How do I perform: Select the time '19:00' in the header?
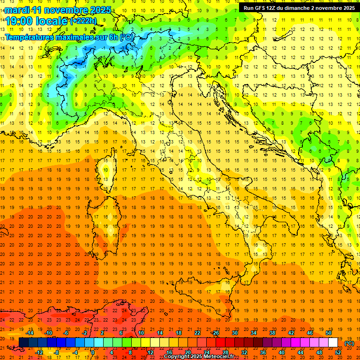[x=18, y=21]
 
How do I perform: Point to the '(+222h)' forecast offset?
[x=83, y=21]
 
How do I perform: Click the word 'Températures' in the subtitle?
[x=30, y=37]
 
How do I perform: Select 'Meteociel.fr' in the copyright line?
[x=216, y=357]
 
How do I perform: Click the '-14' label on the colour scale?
[x=30, y=333]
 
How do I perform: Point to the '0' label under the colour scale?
[x=93, y=352]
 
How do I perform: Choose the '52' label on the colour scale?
[x=338, y=352]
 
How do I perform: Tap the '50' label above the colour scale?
[x=329, y=333]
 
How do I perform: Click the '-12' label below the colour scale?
[x=39, y=352]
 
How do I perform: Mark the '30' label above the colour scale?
[x=234, y=333]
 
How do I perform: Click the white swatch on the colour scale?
[x=333, y=343]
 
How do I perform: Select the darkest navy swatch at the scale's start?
[x=23, y=343]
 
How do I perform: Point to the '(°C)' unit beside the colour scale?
[x=349, y=343]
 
